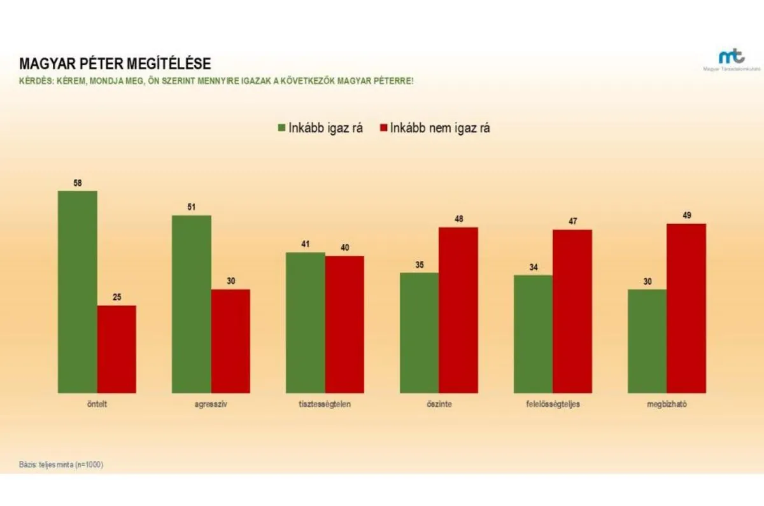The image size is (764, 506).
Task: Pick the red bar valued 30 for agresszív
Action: [x=230, y=341]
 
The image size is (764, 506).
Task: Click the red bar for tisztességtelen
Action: [x=344, y=324]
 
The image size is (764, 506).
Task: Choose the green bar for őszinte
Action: [x=419, y=332]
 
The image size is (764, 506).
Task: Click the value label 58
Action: [x=78, y=183]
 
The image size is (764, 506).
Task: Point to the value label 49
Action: [x=686, y=216]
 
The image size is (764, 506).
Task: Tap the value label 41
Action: [x=306, y=244]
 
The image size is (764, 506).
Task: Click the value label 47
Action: [x=572, y=221]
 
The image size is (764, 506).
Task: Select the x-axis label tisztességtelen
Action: [x=325, y=405]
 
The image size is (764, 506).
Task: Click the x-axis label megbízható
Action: [x=666, y=405]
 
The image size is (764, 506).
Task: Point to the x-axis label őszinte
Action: [x=439, y=405]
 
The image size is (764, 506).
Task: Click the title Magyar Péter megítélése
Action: [x=115, y=64]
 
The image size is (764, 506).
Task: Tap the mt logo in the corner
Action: [x=730, y=57]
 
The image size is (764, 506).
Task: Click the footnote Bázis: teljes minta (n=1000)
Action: [x=61, y=465]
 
